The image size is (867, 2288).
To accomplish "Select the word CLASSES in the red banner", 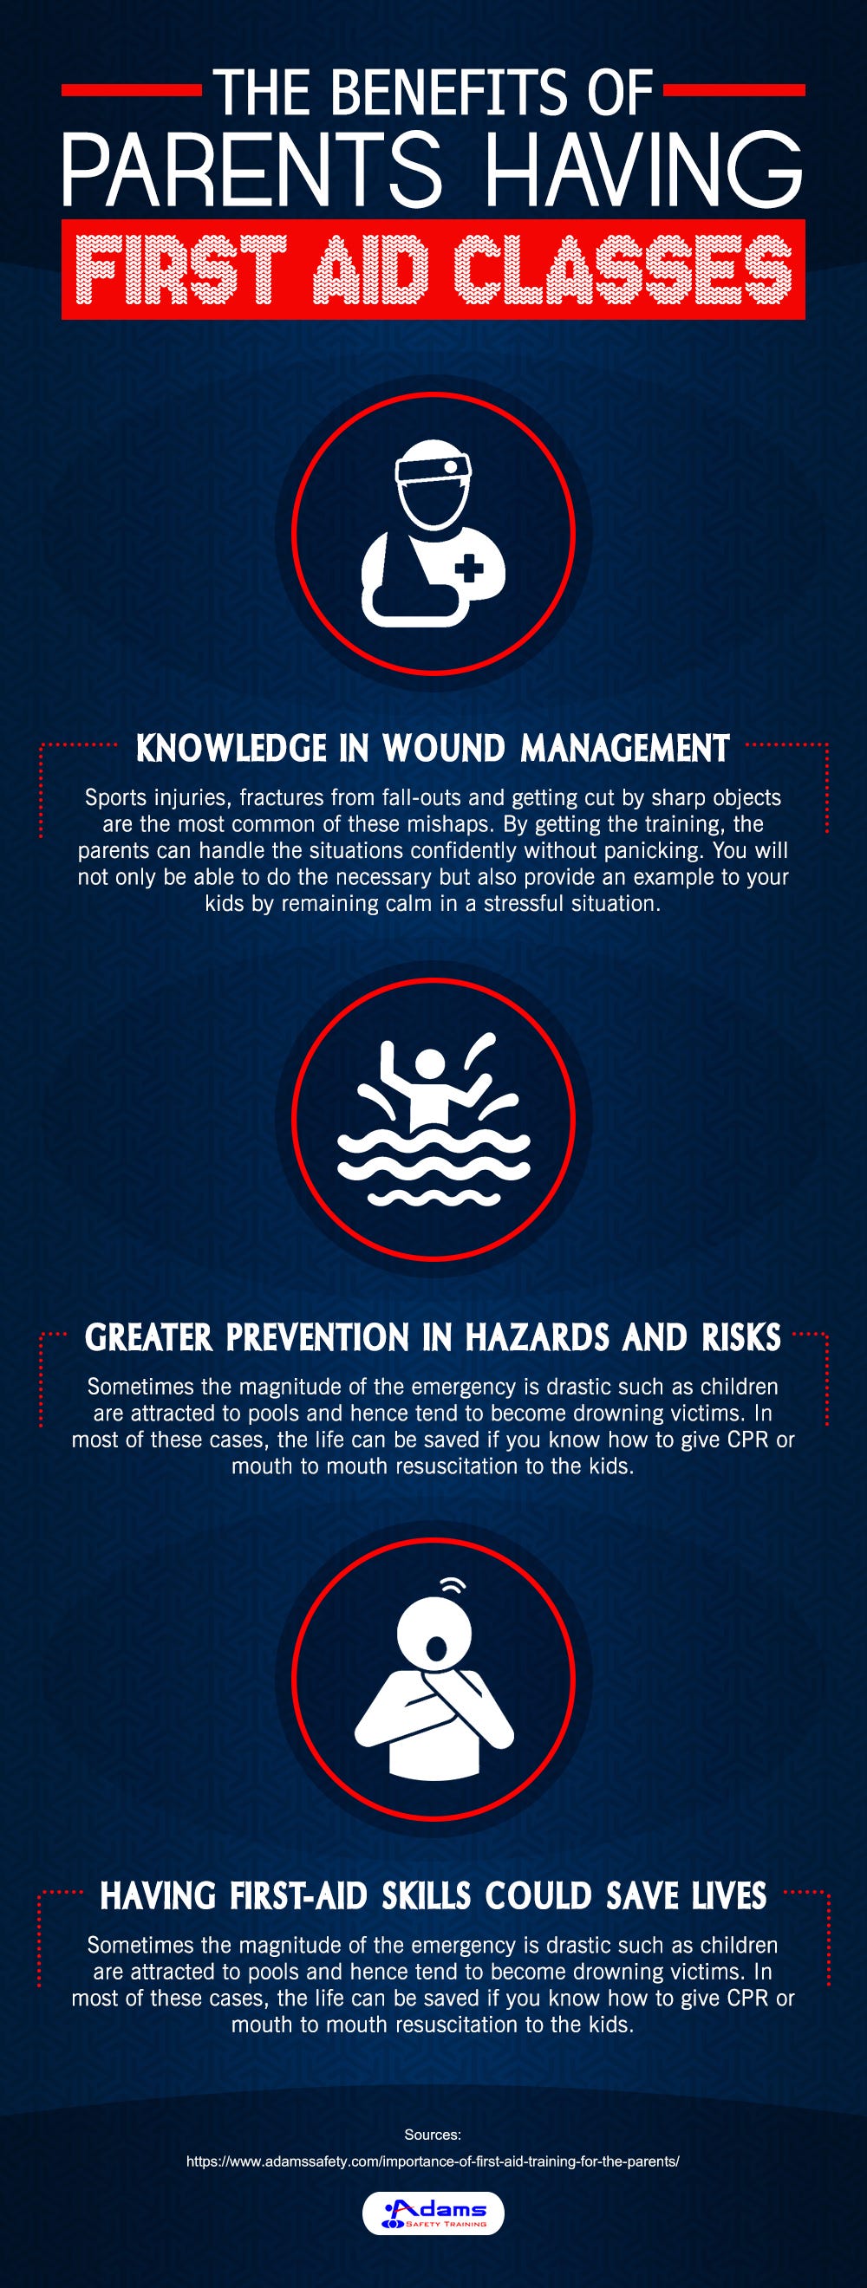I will click(x=622, y=270).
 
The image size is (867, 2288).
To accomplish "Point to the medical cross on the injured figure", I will click(x=470, y=568).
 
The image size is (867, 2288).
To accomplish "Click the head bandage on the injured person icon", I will click(x=434, y=467).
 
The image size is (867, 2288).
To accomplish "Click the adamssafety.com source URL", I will click(x=433, y=2161).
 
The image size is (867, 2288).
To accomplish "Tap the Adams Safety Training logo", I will click(x=433, y=2212).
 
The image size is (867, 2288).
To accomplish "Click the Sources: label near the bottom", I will click(x=433, y=2135).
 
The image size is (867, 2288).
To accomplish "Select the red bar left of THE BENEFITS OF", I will click(x=132, y=90).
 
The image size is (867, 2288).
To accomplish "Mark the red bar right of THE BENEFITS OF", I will click(x=733, y=90).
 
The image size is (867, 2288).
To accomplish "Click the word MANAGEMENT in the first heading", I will click(x=624, y=749).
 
